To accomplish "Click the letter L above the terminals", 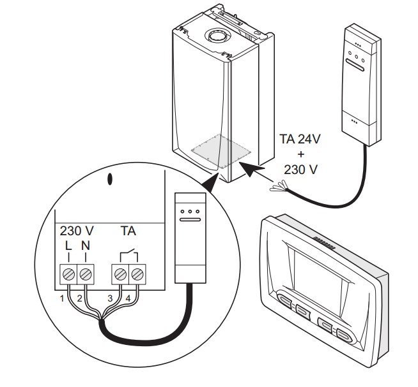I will [67, 245].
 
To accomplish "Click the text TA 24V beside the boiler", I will [301, 140].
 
